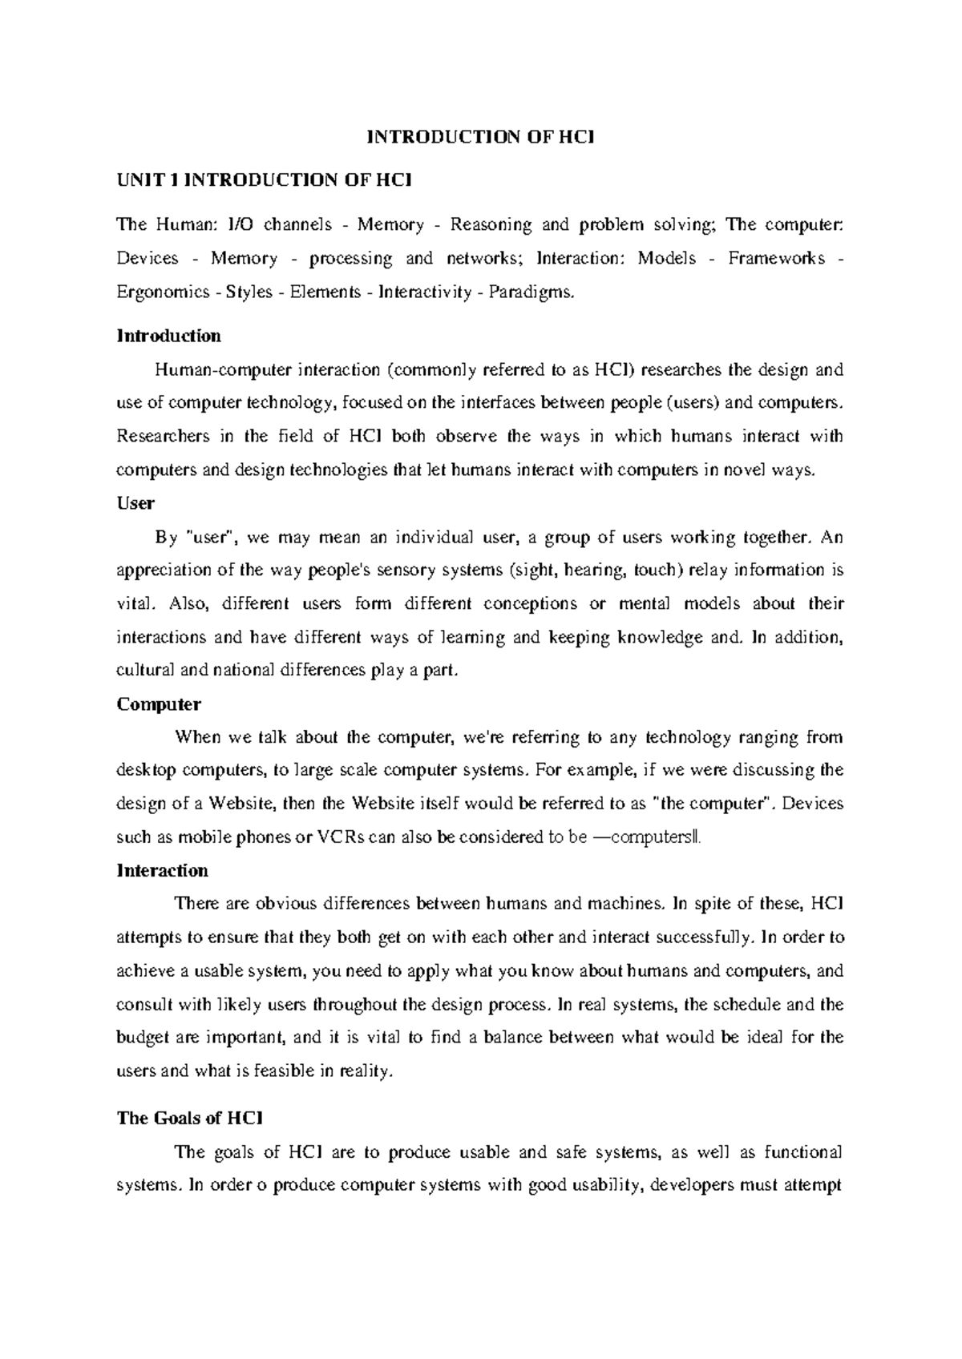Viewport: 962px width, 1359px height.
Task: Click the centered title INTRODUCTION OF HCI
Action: [480, 137]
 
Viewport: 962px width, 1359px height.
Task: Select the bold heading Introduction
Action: [168, 336]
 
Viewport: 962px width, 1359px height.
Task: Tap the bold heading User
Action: [135, 503]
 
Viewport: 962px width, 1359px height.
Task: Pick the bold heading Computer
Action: [159, 704]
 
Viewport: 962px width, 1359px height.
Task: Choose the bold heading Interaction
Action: [162, 870]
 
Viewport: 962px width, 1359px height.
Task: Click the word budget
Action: [142, 1038]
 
